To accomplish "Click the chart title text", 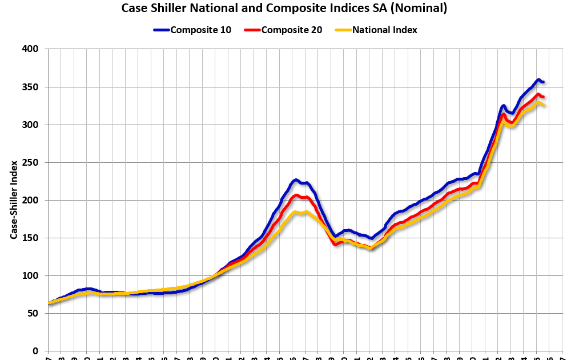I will (284, 9).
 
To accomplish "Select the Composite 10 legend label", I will (200, 30).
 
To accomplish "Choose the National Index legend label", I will (384, 30).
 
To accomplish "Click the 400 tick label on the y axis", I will (30, 49).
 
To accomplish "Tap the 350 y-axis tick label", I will (30, 87).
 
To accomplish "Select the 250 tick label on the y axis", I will (30, 162).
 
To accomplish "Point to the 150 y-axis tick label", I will (30, 238).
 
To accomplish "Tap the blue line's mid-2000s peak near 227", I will (295, 180).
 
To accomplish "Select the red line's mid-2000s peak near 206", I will (296, 195).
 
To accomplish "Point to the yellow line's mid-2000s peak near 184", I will (296, 213).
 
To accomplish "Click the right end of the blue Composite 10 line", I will (542, 82).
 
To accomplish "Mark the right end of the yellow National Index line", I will (542, 105).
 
